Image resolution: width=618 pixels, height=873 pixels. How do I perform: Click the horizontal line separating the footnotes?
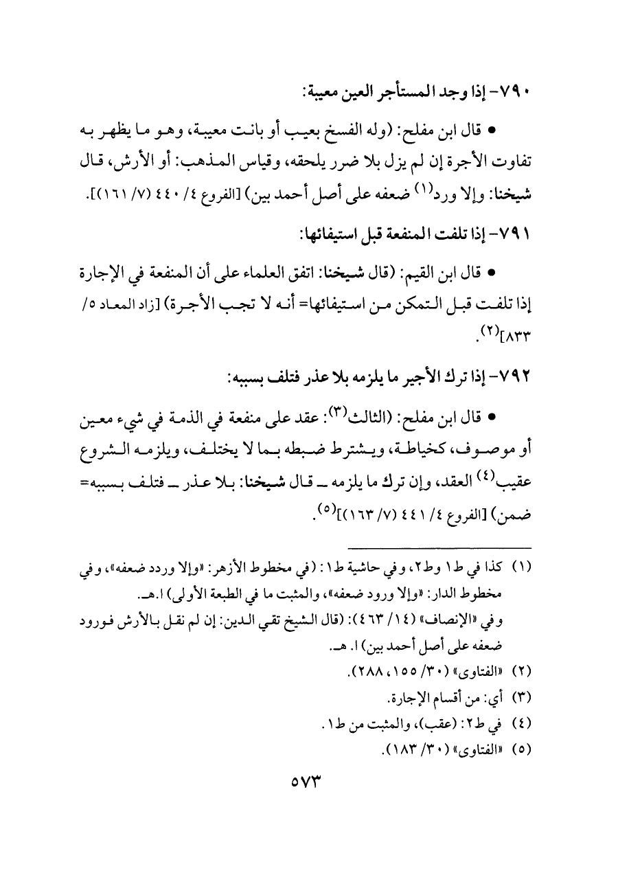(x=439, y=547)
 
